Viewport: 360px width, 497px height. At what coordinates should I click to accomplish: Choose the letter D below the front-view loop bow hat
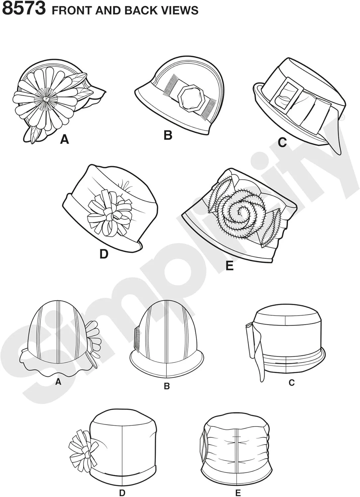[x=104, y=254]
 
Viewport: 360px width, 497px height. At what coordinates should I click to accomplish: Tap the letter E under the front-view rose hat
[x=229, y=265]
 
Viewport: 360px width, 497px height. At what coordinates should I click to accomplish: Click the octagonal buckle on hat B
[x=189, y=99]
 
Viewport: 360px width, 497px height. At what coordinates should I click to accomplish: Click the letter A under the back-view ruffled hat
[x=58, y=381]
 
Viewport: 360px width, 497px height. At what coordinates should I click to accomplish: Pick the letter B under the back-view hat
[x=166, y=386]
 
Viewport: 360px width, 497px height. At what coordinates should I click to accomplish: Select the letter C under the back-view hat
[x=291, y=382]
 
